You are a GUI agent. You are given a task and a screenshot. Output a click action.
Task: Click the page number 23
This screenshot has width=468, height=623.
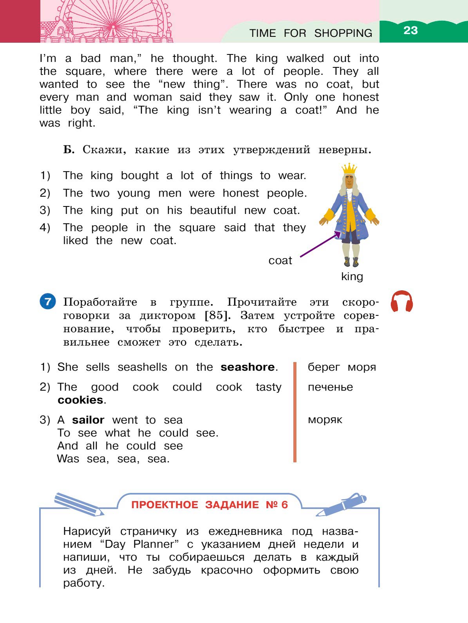coord(410,31)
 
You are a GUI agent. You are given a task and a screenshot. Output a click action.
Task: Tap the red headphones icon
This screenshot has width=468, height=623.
coord(402,301)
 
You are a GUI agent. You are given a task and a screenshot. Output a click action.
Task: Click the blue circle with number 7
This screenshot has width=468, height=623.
coord(48,301)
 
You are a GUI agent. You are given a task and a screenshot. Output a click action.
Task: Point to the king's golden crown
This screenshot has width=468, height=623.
coord(349,169)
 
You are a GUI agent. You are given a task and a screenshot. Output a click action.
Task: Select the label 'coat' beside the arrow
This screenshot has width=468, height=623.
coord(280,261)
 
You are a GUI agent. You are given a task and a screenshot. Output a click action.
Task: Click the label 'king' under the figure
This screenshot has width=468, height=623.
coord(352,277)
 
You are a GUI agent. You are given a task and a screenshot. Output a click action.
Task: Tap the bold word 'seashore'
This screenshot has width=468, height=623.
coord(247,367)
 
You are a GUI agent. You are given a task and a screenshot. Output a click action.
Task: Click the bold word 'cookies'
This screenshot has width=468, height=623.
coord(80,400)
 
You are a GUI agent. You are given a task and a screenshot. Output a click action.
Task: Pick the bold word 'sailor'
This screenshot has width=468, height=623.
coord(88,420)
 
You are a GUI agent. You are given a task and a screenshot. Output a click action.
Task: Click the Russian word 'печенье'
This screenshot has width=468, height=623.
coord(330,387)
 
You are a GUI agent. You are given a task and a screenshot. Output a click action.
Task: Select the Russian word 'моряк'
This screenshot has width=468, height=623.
coord(325,420)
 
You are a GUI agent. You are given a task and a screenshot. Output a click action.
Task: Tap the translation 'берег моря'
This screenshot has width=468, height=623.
coord(342,367)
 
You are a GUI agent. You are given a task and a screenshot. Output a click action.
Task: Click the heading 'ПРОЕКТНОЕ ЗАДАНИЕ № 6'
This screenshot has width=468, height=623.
coord(210,505)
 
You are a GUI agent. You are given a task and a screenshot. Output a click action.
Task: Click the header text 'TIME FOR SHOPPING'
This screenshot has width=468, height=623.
coord(311,33)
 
